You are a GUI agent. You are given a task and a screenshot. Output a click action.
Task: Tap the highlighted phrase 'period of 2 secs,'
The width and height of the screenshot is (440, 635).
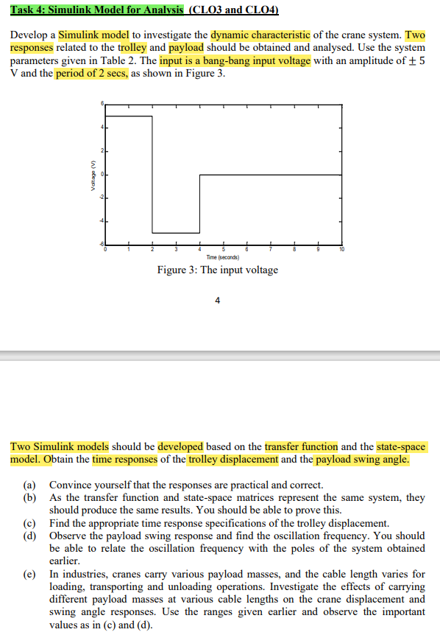point(92,75)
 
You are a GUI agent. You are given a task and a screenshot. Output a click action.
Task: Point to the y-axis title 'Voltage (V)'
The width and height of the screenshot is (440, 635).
point(93,175)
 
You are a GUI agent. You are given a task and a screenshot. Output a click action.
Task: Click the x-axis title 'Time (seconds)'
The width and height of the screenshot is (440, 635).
point(221,256)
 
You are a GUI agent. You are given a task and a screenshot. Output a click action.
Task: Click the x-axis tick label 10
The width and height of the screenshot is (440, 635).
point(342,250)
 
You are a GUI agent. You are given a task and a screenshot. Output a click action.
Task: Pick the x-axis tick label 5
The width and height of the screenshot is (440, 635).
point(224,250)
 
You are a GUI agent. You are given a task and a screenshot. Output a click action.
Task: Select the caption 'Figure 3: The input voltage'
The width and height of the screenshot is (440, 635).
point(218,270)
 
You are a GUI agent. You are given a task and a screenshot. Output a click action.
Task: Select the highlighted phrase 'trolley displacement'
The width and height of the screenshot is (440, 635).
point(233,460)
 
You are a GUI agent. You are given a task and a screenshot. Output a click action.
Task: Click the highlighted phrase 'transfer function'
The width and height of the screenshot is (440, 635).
point(301,447)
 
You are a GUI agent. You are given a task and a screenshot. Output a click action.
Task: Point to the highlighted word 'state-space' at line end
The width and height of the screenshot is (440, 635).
point(402,447)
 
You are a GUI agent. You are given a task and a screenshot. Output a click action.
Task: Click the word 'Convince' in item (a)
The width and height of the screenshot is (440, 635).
point(70,485)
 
